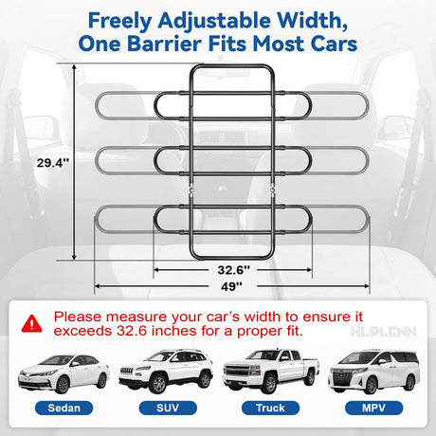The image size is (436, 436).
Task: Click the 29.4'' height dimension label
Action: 53,163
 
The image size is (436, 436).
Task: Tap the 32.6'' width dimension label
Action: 233,270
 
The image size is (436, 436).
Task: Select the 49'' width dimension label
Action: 231,286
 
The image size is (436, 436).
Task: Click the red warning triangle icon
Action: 31,323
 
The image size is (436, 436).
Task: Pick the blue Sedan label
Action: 64,408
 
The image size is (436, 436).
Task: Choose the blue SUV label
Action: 168,408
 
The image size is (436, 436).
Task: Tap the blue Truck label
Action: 270,408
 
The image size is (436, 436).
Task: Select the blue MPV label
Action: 373,408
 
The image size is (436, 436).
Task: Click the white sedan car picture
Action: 64,373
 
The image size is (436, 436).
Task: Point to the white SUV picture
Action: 166,372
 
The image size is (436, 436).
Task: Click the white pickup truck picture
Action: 271,371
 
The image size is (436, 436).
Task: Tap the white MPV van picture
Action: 374,372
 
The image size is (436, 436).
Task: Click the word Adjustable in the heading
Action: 214,22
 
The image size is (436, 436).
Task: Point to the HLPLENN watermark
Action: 383,332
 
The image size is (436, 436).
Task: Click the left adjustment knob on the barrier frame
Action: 191,190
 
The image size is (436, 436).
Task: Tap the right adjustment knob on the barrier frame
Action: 272,190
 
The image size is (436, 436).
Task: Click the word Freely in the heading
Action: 120,22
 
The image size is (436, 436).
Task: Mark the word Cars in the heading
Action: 334,44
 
